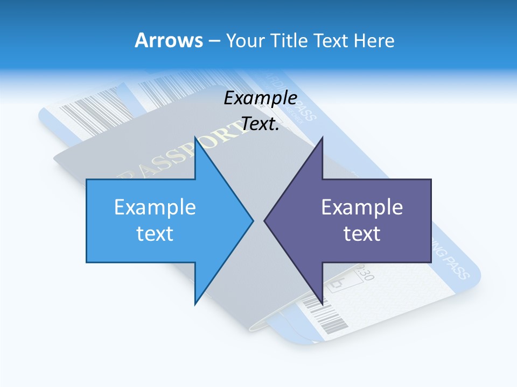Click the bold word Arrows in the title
169,40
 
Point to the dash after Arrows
214,41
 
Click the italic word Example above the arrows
261,98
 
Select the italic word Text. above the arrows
261,124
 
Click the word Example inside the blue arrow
155,207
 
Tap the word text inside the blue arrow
155,233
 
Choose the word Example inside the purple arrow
362,207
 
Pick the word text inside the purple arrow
362,233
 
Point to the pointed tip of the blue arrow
252,220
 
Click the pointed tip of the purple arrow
265,220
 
